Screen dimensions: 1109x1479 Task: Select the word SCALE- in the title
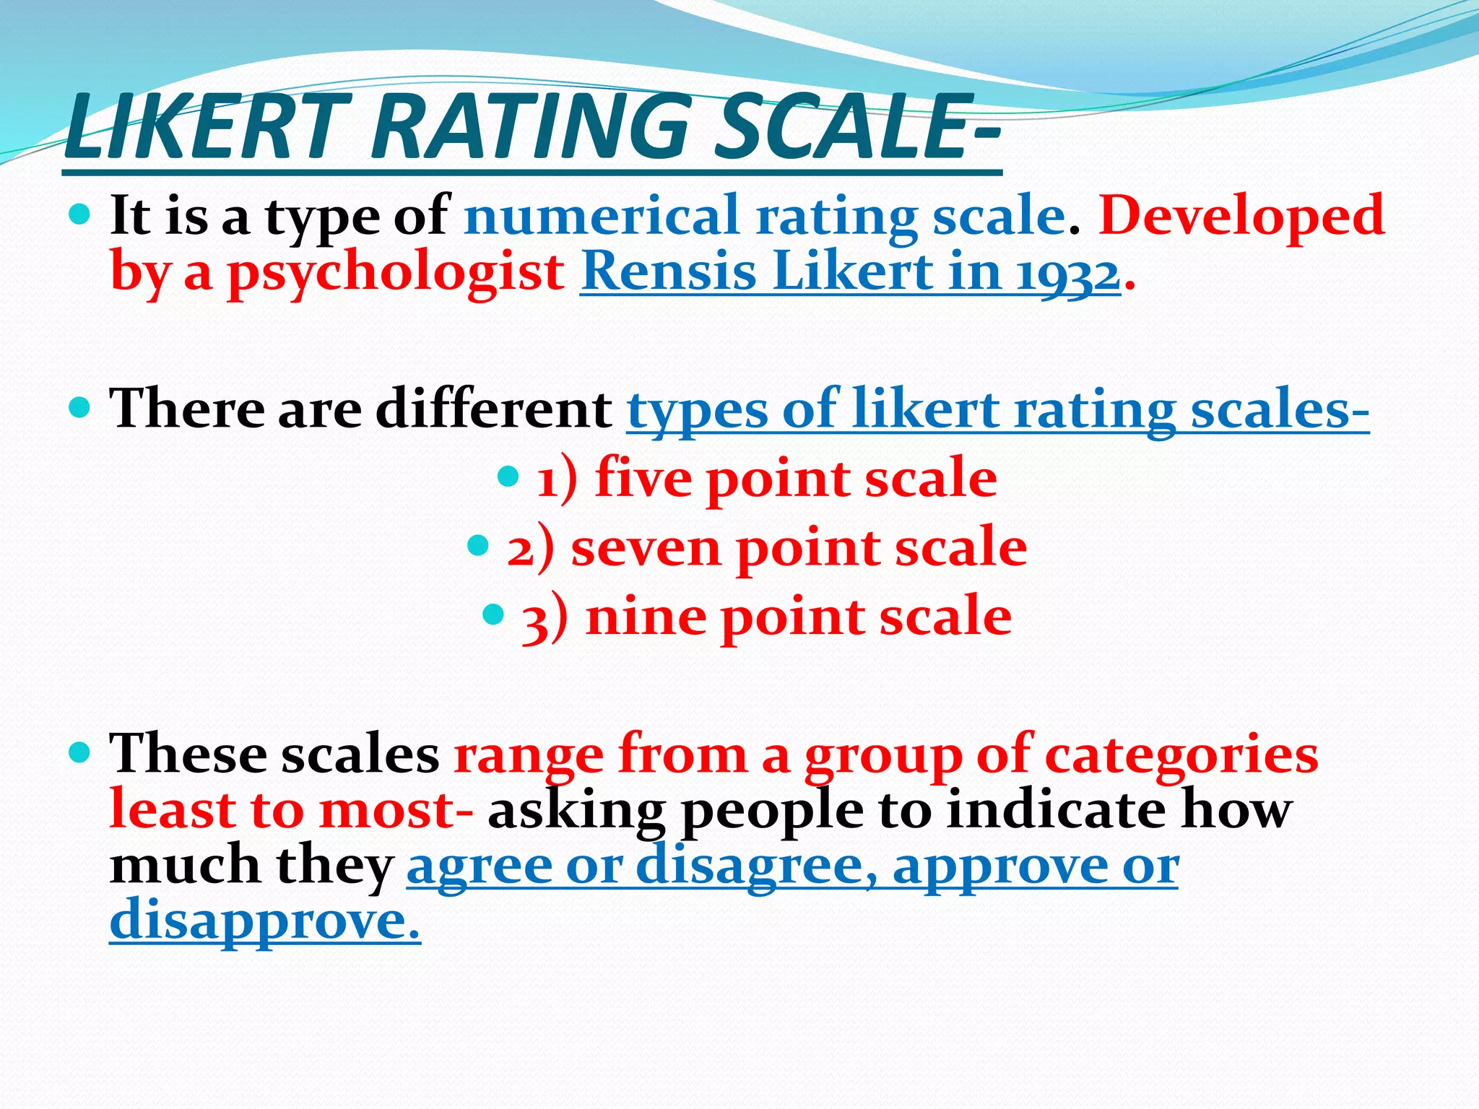856,129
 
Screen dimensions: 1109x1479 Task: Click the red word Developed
1241,215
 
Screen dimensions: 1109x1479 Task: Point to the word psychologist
396,274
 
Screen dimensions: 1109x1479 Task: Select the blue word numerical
602,215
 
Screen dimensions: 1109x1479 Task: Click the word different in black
494,409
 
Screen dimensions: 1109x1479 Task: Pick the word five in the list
642,478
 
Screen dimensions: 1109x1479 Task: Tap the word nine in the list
646,617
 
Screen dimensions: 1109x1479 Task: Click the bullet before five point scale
509,476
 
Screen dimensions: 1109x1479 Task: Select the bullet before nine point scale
493,615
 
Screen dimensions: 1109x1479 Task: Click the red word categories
1181,755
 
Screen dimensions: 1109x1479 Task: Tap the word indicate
1056,809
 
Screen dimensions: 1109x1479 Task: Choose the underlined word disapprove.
264,921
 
